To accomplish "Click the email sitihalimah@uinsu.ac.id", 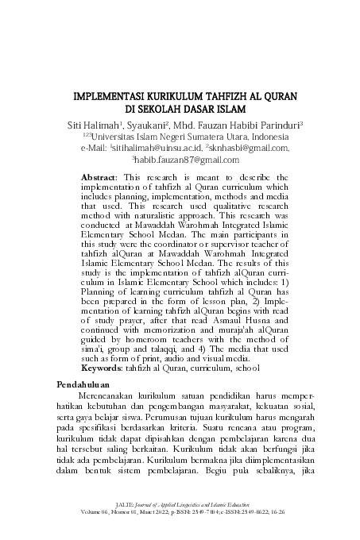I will coord(157,148).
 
